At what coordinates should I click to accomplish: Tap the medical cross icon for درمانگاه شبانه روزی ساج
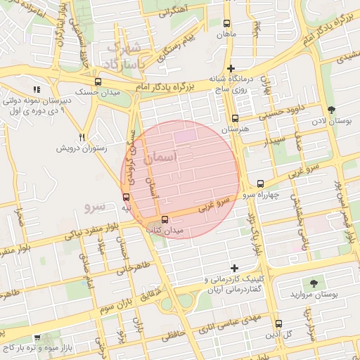coord(231,68)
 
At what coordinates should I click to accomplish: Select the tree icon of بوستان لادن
coord(331,109)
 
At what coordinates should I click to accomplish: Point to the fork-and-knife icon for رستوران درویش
coord(82,136)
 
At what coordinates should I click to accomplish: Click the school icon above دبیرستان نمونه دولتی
coord(37,89)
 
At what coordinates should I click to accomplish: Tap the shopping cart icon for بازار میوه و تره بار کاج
coord(37,337)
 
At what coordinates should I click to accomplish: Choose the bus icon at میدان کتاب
coord(165,219)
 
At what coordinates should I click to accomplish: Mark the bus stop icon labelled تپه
coord(126,197)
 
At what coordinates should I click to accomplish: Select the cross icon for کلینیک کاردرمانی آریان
coord(234,268)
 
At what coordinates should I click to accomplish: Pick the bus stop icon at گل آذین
coord(278,324)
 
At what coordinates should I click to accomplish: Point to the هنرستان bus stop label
coord(235,130)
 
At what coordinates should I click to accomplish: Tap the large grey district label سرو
coord(94,206)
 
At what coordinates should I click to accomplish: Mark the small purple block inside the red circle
coord(186,134)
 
